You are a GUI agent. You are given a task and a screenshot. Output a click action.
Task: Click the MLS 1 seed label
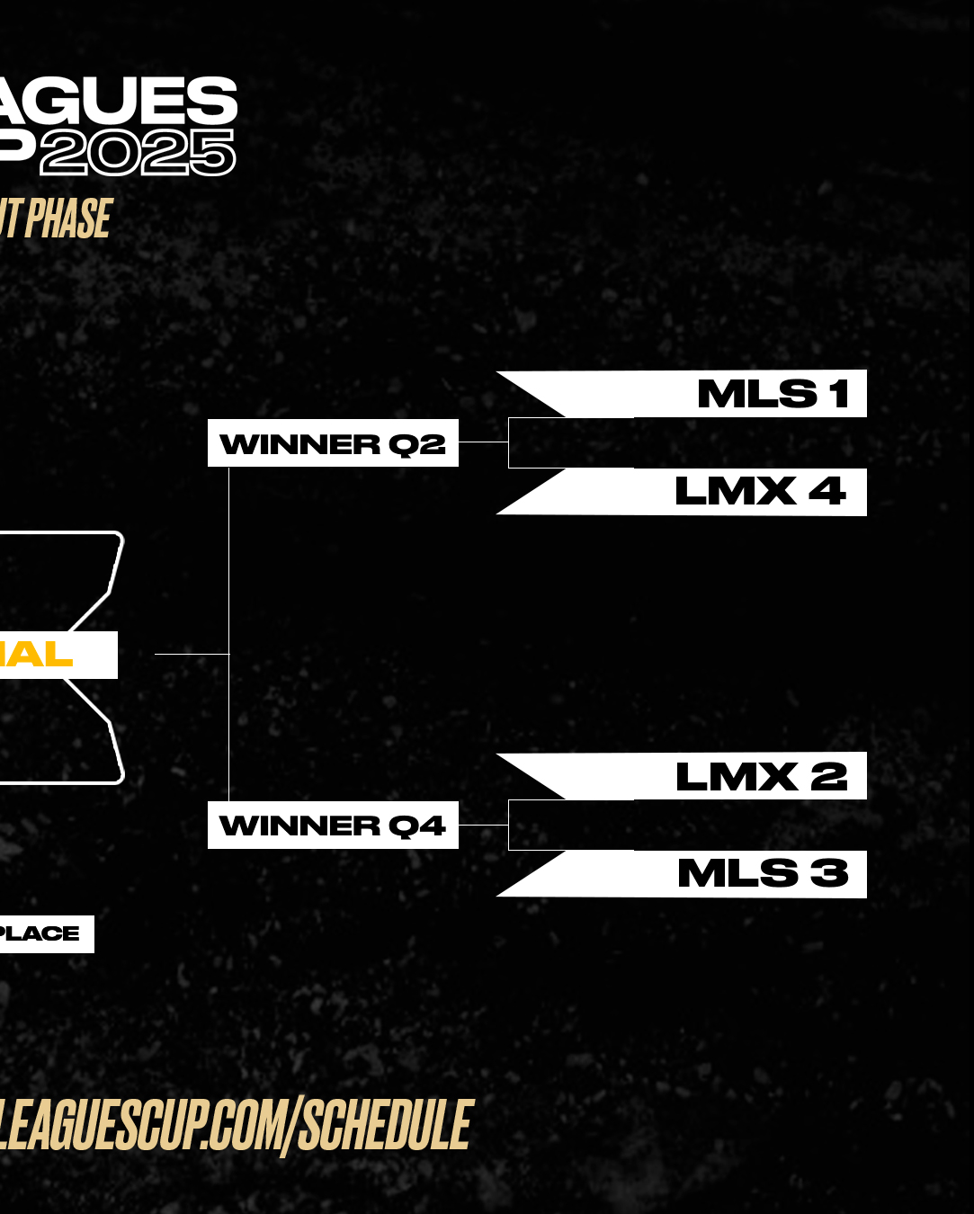point(772,394)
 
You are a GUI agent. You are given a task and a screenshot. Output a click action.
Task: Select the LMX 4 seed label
point(760,492)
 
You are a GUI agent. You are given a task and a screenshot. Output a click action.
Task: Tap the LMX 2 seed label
point(761,777)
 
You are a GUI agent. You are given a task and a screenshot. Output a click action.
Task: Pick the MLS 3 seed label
point(763,874)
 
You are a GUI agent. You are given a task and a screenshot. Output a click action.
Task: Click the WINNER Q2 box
point(333,443)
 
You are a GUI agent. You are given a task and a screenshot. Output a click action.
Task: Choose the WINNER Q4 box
point(333,826)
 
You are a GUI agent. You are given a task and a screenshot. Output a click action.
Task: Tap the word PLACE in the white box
point(40,933)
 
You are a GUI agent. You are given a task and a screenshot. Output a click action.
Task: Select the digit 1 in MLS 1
point(839,394)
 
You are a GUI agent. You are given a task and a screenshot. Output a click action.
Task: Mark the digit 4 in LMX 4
point(827,492)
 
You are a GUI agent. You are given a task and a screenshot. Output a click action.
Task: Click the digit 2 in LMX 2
point(828,777)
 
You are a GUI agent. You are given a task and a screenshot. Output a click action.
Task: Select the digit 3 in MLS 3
point(829,874)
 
